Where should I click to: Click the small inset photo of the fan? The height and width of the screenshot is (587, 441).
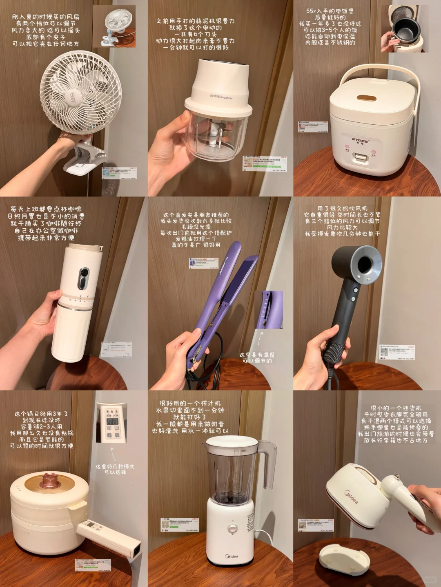tap(114, 26)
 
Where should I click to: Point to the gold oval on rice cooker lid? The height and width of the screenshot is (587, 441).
tap(366, 98)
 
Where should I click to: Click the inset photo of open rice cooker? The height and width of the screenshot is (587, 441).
tap(403, 29)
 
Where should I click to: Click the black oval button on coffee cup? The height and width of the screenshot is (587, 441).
tap(84, 278)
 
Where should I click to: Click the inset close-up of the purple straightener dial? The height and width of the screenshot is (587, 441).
tap(269, 309)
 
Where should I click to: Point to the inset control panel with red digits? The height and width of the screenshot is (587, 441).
tap(111, 423)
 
